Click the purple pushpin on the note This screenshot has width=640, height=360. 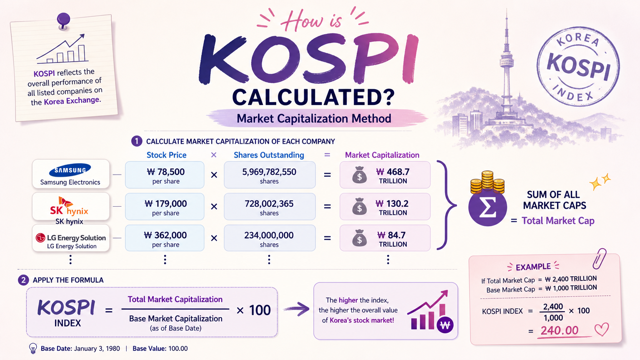[x=63, y=20]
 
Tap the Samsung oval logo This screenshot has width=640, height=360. [x=70, y=170]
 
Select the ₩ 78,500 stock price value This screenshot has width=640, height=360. [x=166, y=172]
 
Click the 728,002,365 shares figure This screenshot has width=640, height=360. [x=269, y=204]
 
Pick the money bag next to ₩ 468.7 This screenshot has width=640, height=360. [x=360, y=175]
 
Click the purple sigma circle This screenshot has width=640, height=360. [x=487, y=207]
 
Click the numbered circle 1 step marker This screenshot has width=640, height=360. [x=137, y=141]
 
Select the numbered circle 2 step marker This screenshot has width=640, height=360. [x=23, y=280]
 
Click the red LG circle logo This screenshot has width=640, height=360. [x=40, y=238]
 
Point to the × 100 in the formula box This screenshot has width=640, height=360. [x=253, y=310]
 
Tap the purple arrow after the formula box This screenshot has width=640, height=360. [x=297, y=309]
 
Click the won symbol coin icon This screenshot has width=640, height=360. [x=445, y=325]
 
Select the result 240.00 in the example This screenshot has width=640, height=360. [x=560, y=330]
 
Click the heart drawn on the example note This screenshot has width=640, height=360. [x=602, y=330]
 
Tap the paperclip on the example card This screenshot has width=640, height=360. [x=600, y=259]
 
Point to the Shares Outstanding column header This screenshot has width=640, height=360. [x=269, y=155]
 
